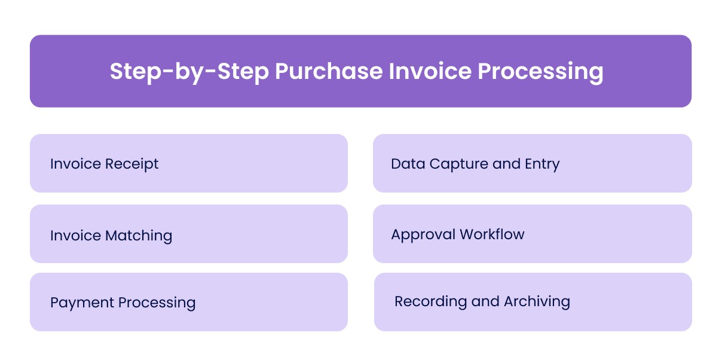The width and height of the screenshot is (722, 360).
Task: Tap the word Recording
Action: click(x=430, y=301)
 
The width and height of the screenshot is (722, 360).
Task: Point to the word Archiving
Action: click(x=537, y=301)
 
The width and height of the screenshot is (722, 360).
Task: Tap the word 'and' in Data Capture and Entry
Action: click(x=506, y=164)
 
